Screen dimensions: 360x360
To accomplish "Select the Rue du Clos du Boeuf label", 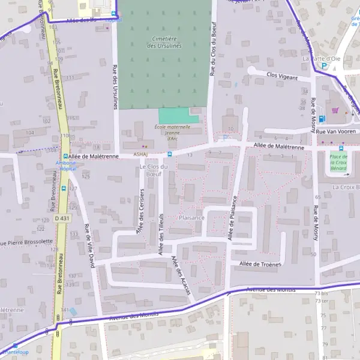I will coord(212,55).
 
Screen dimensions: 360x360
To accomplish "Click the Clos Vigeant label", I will coord(281,76).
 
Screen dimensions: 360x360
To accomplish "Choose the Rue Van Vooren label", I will coord(337,131).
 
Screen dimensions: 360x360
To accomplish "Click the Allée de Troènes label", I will coord(260,264).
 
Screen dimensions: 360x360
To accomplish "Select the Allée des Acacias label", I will coord(181,275).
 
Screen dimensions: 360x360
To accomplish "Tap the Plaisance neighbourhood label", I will coord(192,218).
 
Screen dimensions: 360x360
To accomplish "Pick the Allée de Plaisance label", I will coord(232,218).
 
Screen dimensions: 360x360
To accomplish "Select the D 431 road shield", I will coord(62,218).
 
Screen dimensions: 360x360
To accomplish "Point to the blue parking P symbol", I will coord(324,66).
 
